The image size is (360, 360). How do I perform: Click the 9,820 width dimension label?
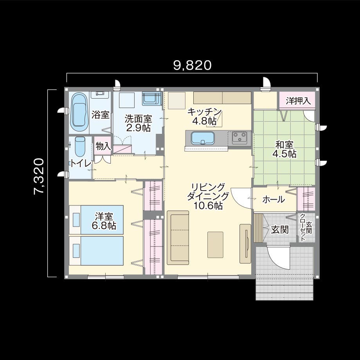tap(192, 65)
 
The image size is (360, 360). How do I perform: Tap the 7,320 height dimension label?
tap(39, 176)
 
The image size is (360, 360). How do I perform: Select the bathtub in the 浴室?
tap(79, 112)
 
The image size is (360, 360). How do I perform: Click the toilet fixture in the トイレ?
tap(80, 147)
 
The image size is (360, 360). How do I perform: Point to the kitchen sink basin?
tap(203, 138)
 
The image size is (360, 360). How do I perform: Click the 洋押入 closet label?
tap(298, 101)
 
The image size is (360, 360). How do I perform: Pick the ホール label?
tap(274, 200)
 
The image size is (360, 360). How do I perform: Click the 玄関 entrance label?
tap(280, 229)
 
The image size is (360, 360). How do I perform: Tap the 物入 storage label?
tap(103, 146)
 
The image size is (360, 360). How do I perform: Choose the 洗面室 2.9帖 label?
tap(138, 123)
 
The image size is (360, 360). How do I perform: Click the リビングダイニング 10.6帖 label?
tap(208, 196)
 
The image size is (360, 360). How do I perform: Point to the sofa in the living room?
tap(178, 238)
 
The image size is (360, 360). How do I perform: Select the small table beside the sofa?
tap(215, 245)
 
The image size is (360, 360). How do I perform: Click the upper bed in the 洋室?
tap(96, 220)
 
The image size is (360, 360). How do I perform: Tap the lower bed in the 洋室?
tap(96, 251)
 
